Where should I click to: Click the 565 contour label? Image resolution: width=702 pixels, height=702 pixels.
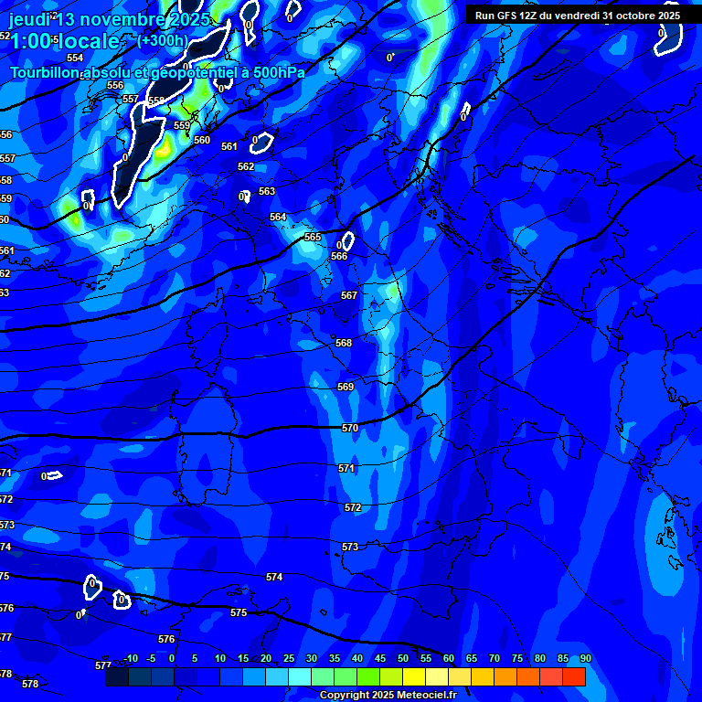tap(313, 237)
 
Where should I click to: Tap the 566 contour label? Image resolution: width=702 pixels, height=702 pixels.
tap(339, 256)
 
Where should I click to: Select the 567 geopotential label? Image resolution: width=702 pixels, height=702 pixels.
tap(348, 295)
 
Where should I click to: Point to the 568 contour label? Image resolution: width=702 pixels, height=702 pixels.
tap(344, 343)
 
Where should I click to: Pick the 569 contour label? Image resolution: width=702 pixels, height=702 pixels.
tap(346, 387)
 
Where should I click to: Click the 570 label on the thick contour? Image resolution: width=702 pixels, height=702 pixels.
tap(350, 428)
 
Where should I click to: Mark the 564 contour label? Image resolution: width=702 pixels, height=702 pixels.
tap(278, 217)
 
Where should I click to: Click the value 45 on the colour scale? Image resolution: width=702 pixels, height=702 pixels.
tap(380, 658)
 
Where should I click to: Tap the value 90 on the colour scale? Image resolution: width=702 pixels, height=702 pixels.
tap(585, 658)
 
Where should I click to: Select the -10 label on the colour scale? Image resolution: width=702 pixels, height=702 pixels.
tap(130, 658)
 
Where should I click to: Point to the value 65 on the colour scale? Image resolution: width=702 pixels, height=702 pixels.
tap(472, 658)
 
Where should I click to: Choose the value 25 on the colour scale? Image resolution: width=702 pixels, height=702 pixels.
tap(289, 658)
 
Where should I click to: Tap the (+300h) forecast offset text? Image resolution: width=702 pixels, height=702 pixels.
tap(162, 40)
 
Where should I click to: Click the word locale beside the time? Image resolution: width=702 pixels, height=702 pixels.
tap(88, 41)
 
